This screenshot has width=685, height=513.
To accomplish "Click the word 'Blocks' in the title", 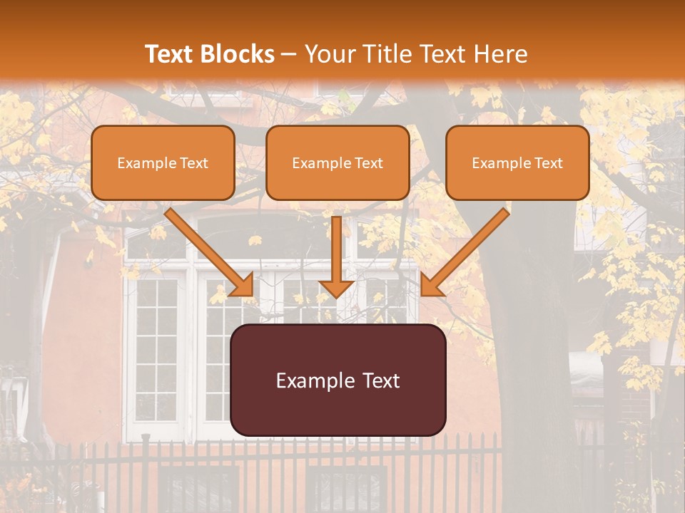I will pyautogui.click(x=237, y=54).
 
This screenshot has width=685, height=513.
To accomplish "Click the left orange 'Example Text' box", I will pyautogui.click(x=163, y=162).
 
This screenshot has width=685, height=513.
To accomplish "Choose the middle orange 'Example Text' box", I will pyautogui.click(x=338, y=162).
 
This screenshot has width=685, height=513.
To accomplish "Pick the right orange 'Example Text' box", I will pyautogui.click(x=517, y=162).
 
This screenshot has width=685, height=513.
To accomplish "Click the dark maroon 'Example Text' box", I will pyautogui.click(x=338, y=380).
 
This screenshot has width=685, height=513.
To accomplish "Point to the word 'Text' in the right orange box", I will pyautogui.click(x=547, y=163).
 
